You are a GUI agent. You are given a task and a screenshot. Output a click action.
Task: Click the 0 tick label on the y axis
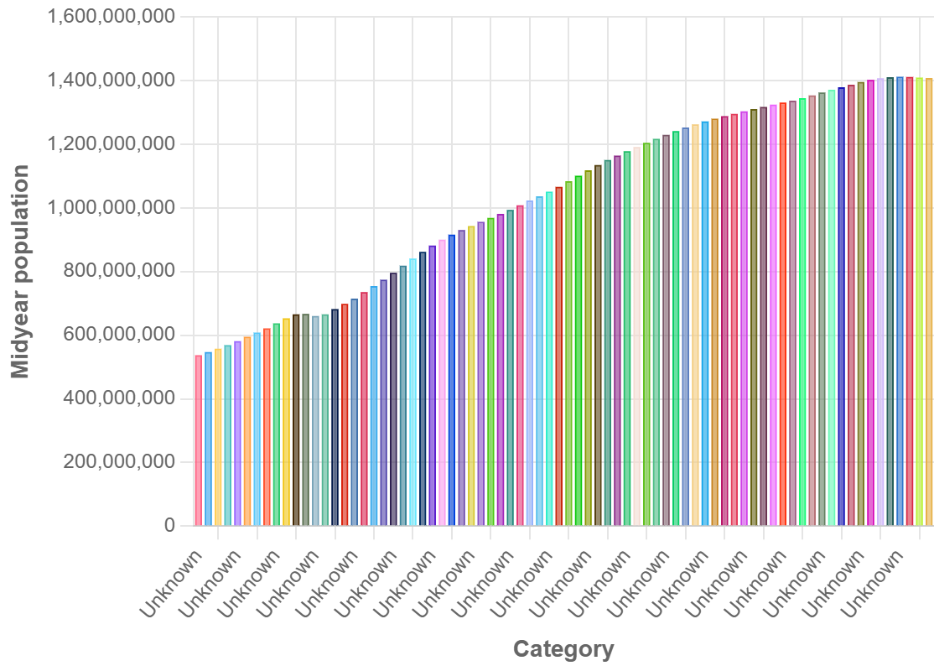point(169,526)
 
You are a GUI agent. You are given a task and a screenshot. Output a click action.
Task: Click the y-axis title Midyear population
point(21,272)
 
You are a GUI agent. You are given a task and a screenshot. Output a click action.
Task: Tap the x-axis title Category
point(563,649)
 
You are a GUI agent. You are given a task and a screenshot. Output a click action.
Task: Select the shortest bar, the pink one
point(199,440)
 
